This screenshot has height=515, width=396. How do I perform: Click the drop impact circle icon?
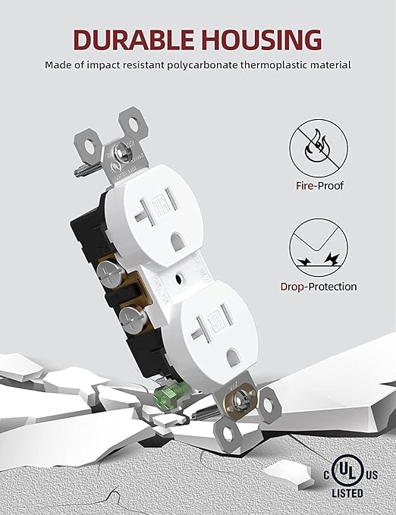pyautogui.click(x=316, y=251)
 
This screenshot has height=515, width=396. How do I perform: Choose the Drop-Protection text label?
pyautogui.click(x=316, y=287)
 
